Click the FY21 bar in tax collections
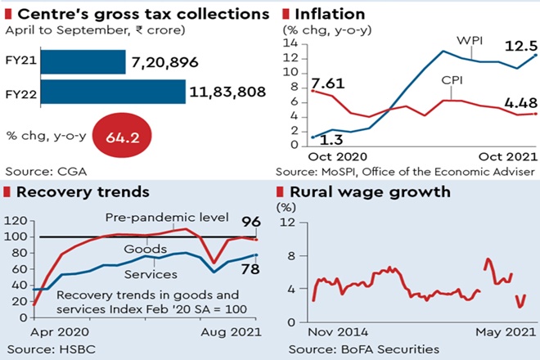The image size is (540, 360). [82, 62]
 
